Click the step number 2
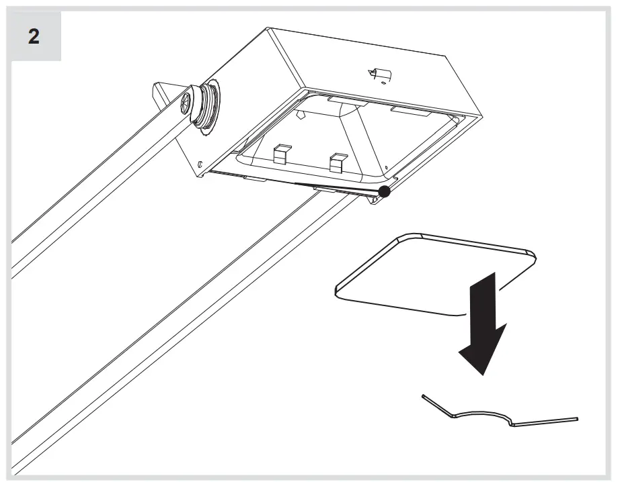click(33, 36)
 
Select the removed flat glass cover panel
click(430, 272)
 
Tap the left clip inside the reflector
click(281, 155)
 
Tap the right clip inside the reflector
click(338, 161)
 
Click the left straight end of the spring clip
click(437, 405)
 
